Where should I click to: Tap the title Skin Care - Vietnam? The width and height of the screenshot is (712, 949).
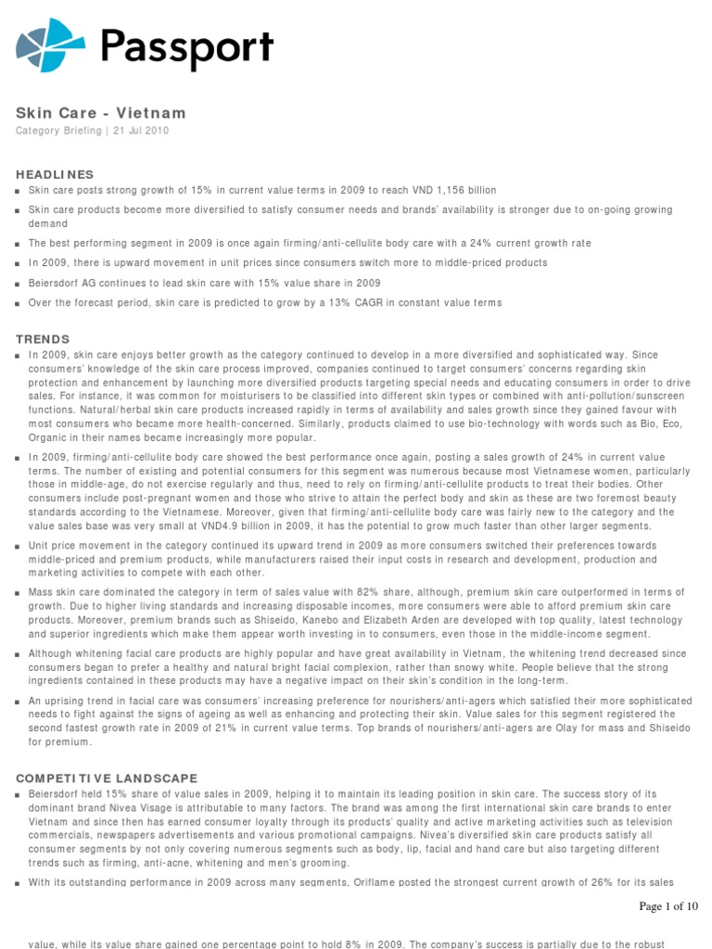101,113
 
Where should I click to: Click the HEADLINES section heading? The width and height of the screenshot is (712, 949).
55,174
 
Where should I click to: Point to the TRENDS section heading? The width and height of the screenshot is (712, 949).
43,339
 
